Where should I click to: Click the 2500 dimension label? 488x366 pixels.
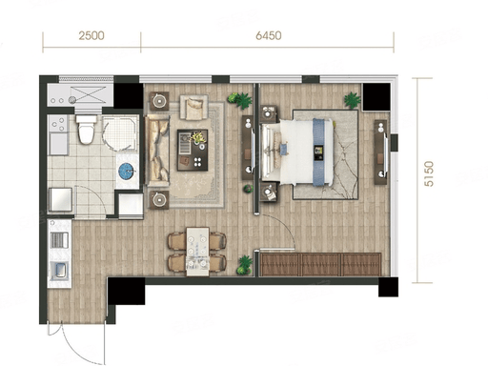pos(91,35)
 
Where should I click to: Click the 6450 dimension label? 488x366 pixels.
pos(269,35)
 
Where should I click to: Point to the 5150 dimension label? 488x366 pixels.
pos(429,173)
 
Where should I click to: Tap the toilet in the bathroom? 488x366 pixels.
pos(86,130)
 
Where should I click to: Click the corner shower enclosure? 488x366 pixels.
pos(120,132)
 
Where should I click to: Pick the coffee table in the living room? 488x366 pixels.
pos(193,150)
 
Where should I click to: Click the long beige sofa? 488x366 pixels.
pos(157,151)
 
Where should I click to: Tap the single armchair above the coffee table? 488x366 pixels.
pos(193,108)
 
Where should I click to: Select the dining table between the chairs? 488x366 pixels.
pos(197,252)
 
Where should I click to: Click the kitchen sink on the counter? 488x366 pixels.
pos(59,270)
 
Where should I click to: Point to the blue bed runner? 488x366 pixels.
pos(322,152)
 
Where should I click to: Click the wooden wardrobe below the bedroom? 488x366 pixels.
pos(320,264)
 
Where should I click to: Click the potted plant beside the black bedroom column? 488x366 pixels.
pos(353,100)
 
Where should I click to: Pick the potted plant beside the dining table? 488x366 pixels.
pos(244,265)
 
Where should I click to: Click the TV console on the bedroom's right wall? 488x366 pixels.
pos(380,152)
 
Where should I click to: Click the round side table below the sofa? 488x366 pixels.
pos(159,199)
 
